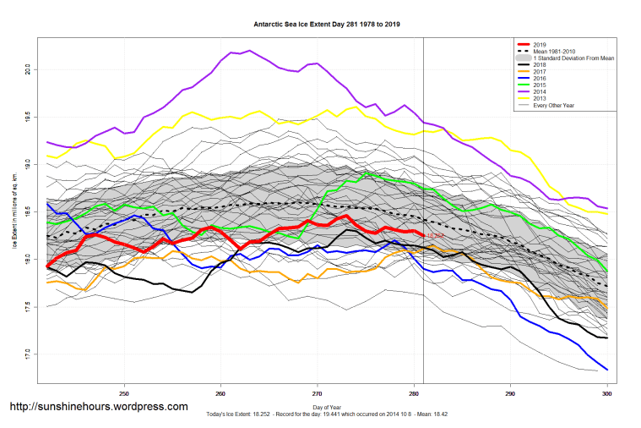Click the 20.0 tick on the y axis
pos(29,68)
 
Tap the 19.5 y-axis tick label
pos(29,116)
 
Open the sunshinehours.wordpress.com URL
pos(98,407)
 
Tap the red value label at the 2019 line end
pos(436,235)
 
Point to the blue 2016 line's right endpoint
pos(607,369)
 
